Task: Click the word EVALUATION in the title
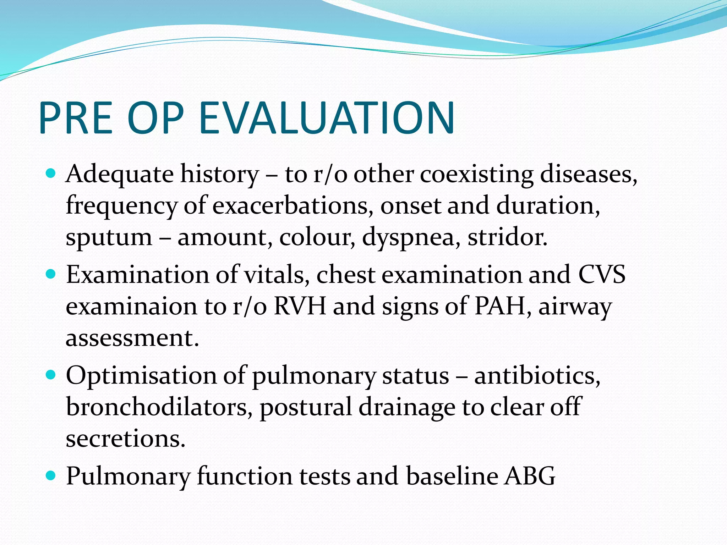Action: click(327, 118)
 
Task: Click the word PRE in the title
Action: click(76, 118)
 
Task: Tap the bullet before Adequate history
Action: click(51, 174)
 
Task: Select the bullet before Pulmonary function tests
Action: click(51, 475)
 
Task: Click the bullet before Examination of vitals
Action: click(51, 274)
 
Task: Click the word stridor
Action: click(507, 237)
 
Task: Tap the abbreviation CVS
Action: click(602, 275)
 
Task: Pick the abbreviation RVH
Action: click(300, 306)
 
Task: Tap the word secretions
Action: click(125, 439)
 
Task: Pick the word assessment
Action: click(132, 338)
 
